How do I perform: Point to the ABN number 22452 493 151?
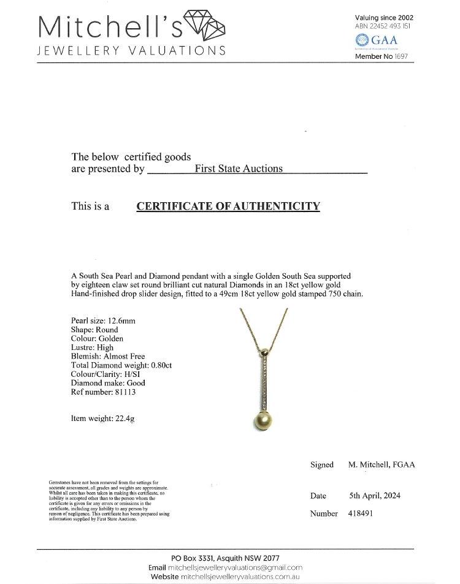pyautogui.click(x=391, y=26)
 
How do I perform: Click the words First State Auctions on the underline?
pyautogui.click(x=238, y=169)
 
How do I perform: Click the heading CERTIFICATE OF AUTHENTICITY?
pyautogui.click(x=228, y=206)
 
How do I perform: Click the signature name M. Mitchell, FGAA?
pyautogui.click(x=381, y=465)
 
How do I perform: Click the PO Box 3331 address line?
pyautogui.click(x=225, y=558)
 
